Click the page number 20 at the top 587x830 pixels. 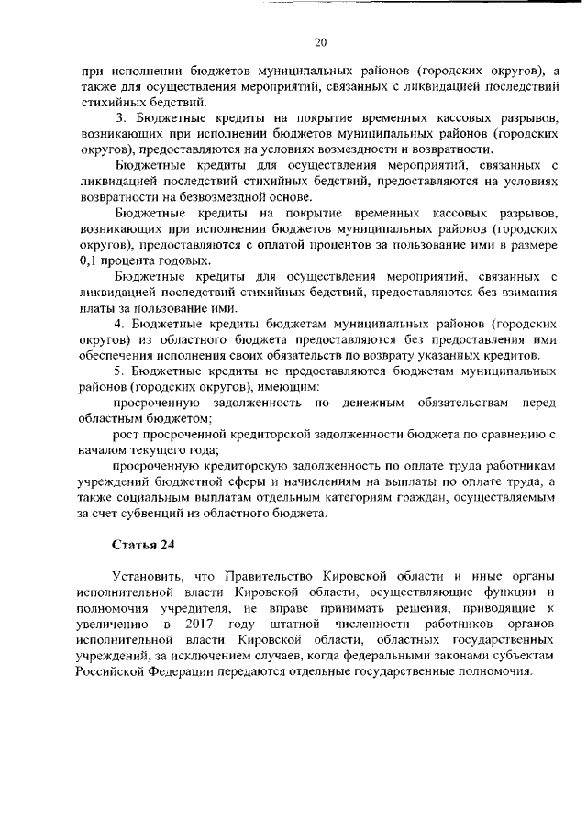320,41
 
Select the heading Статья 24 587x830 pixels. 142,544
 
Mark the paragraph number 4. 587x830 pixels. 118,324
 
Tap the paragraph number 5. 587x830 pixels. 118,371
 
